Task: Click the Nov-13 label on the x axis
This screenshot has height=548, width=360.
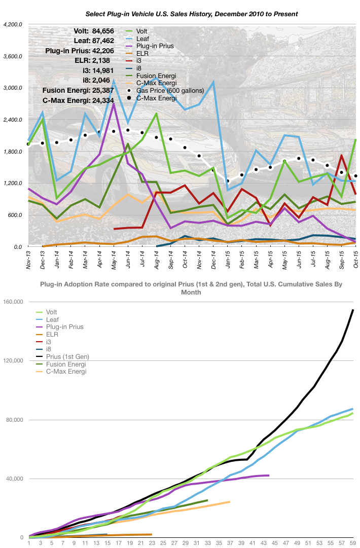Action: (28, 259)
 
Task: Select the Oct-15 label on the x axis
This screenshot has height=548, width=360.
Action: (355, 259)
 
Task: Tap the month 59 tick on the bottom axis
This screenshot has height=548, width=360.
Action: (353, 542)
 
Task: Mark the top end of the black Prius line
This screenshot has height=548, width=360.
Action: (353, 310)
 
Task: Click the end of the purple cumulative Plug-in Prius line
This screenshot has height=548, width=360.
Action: (269, 475)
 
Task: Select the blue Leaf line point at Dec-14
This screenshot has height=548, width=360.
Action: (213, 82)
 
